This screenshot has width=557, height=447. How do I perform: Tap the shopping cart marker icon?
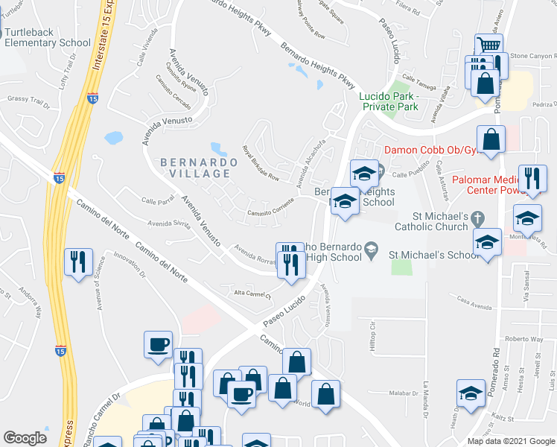(488, 46)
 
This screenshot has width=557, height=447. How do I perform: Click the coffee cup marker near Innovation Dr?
(158, 344)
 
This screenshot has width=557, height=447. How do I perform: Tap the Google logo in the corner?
(25, 438)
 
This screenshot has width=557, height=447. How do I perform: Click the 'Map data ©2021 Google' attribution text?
(511, 441)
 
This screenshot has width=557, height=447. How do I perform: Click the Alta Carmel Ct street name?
(251, 294)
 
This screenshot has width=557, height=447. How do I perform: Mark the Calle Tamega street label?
(418, 77)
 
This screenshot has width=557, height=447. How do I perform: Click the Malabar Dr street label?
(406, 392)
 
